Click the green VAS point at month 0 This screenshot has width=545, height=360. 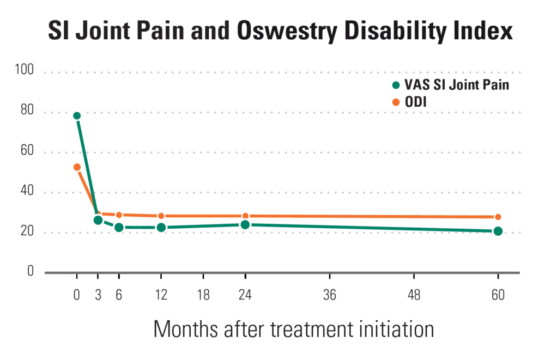click(77, 115)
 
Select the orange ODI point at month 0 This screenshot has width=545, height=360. click(77, 167)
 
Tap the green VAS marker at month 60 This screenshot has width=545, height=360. click(498, 231)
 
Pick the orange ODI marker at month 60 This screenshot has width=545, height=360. click(498, 217)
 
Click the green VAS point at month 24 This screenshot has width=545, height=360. click(245, 224)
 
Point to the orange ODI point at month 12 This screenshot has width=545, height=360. click(161, 216)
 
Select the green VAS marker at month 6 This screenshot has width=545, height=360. click(119, 227)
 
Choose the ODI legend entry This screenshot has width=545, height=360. click(417, 101)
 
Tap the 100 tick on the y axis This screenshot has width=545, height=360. click(26, 70)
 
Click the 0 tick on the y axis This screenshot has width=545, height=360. click(31, 271)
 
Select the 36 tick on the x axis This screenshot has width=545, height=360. click(329, 296)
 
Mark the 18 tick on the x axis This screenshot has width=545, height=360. click(203, 296)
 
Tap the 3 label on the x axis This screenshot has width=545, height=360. click(98, 296)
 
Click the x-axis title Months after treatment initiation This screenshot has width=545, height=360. click(294, 330)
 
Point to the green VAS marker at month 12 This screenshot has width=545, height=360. click(161, 227)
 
